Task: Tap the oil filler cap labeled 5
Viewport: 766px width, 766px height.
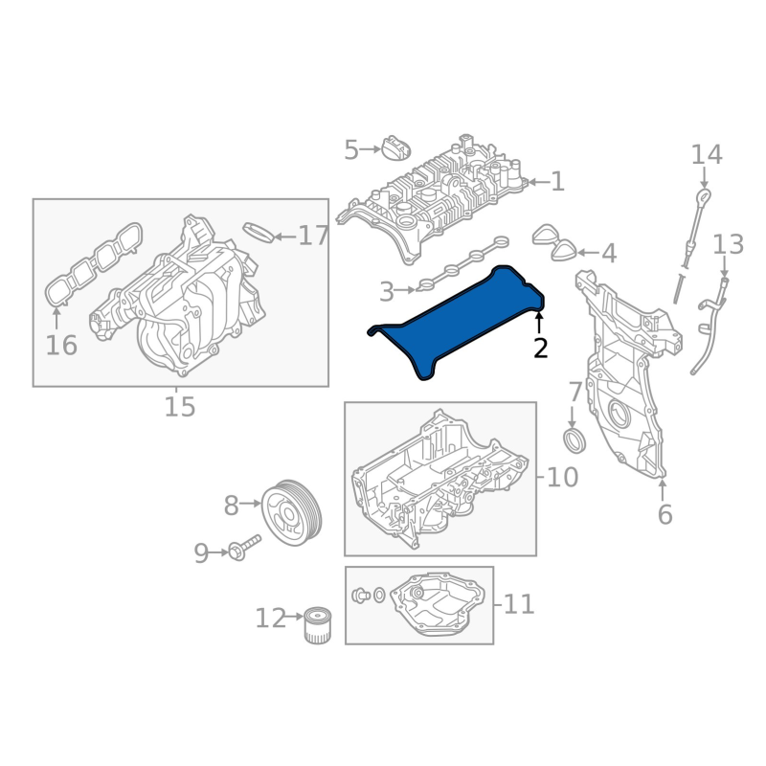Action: [x=395, y=147]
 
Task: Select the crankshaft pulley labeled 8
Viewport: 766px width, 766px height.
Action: [x=292, y=512]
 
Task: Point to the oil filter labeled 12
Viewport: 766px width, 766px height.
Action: [x=318, y=625]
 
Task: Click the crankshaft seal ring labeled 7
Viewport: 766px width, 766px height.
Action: [x=575, y=440]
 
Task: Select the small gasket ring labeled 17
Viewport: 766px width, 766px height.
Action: [x=259, y=233]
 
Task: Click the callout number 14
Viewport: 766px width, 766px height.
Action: [x=707, y=154]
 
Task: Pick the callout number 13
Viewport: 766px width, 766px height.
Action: [x=729, y=244]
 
